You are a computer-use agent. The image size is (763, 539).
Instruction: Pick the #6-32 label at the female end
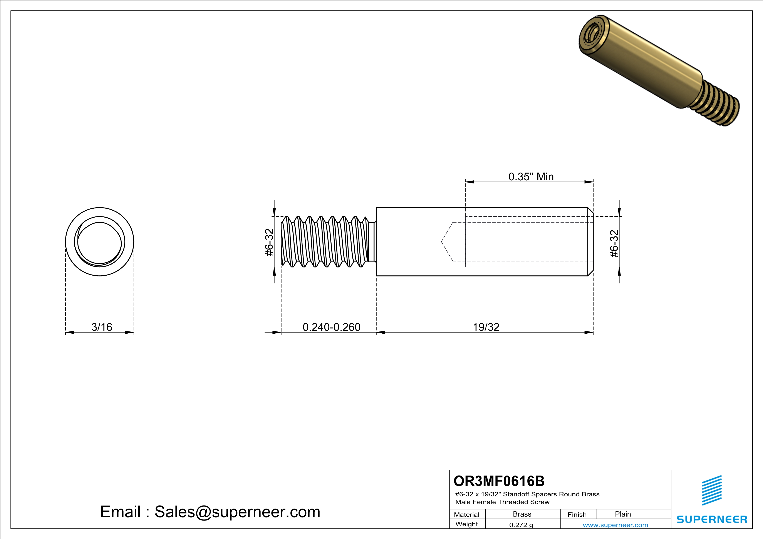[x=614, y=244]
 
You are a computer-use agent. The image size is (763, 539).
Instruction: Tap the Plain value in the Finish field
[x=622, y=514]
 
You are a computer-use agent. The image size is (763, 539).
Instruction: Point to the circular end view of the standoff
[x=100, y=242]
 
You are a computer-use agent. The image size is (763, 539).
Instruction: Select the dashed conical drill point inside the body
[x=447, y=242]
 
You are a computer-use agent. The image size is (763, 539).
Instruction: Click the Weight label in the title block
[x=467, y=524]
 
